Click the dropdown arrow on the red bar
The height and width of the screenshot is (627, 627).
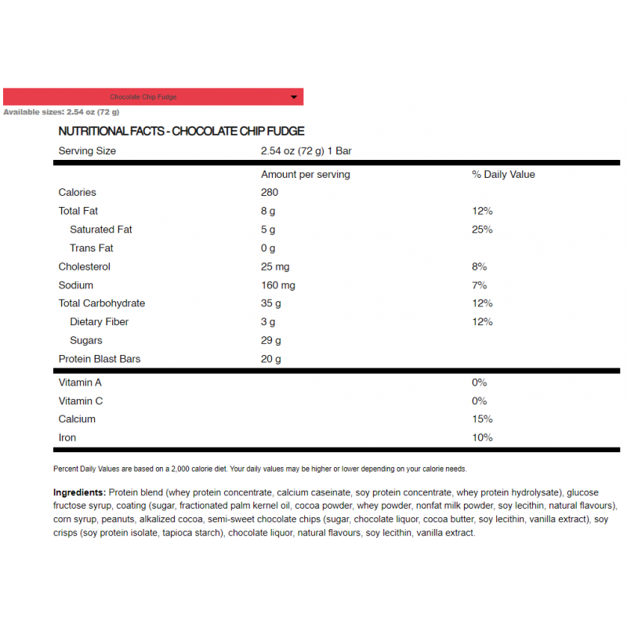[x=294, y=97]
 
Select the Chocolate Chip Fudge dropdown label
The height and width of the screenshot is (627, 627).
[x=143, y=97]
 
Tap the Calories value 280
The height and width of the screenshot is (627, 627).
[x=270, y=192]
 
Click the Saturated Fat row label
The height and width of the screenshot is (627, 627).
[x=101, y=230]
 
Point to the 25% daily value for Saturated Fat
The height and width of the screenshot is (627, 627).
[x=482, y=230]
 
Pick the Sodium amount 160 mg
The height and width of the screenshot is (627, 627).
[x=278, y=285]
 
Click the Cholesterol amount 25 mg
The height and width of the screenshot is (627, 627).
[x=275, y=266]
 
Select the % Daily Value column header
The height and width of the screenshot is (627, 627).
[x=503, y=174]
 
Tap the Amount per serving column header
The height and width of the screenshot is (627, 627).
[x=306, y=174]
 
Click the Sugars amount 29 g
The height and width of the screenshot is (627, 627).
[x=271, y=340]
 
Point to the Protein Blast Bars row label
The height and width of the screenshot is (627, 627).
[x=100, y=359]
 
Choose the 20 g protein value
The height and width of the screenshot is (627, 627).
[x=271, y=359]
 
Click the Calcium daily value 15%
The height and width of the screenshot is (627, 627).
[x=482, y=419]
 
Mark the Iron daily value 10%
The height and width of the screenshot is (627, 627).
[x=482, y=437]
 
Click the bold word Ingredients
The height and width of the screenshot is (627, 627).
[x=79, y=492]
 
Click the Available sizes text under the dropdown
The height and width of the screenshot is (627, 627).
[x=61, y=112]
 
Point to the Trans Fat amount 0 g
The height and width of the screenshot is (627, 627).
[x=268, y=248]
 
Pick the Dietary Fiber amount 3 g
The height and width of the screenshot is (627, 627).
[x=268, y=321]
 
